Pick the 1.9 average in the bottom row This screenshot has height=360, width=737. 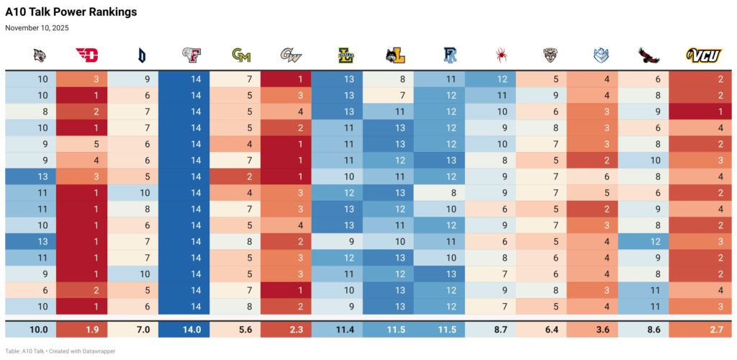pos(92,329)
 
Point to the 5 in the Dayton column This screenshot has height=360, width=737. pos(96,143)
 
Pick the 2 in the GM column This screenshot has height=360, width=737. pos(249,176)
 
